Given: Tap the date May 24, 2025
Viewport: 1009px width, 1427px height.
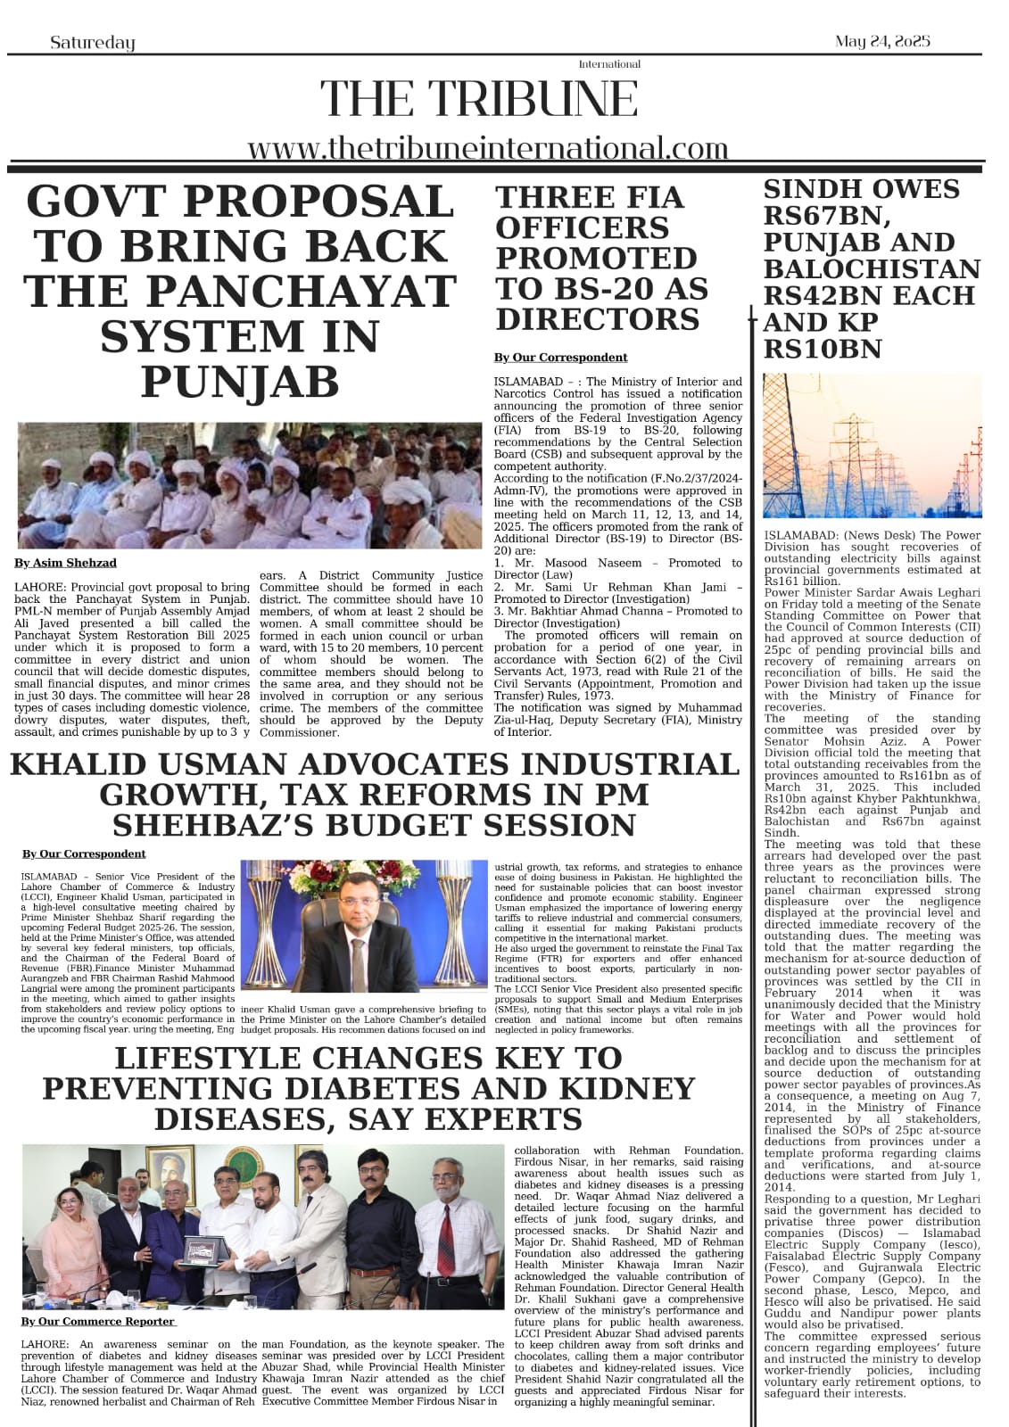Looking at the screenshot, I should pyautogui.click(x=882, y=41).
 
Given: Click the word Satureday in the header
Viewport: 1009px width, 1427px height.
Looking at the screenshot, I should pyautogui.click(x=93, y=43).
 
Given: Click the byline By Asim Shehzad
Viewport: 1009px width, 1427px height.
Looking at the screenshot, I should pyautogui.click(x=65, y=563).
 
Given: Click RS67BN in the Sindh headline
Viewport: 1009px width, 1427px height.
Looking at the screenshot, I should pyautogui.click(x=823, y=216).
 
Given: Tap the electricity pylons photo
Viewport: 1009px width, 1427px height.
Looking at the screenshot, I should pyautogui.click(x=872, y=445).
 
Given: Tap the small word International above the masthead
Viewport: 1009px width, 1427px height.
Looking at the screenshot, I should pyautogui.click(x=609, y=64).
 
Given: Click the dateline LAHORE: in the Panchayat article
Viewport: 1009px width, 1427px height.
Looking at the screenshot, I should pyautogui.click(x=40, y=588).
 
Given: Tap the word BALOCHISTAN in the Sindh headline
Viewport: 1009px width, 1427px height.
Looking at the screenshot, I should pyautogui.click(x=872, y=268).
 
